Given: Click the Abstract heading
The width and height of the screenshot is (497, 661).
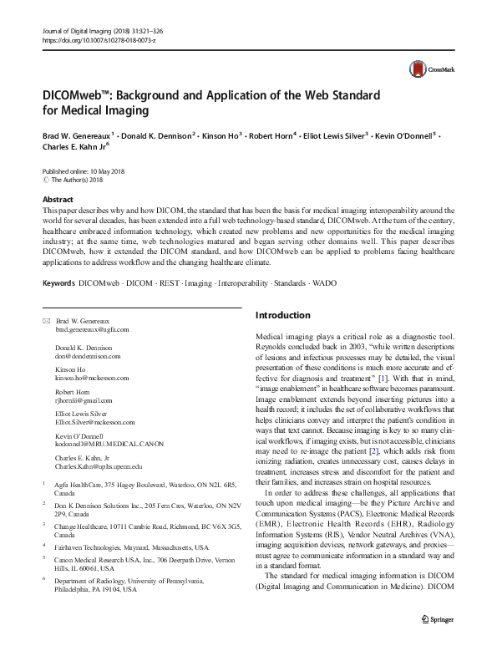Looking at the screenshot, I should click(x=58, y=201).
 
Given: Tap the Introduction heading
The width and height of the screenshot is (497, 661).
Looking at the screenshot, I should click(x=282, y=315).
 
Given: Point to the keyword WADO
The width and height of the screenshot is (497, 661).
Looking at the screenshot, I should click(x=323, y=283).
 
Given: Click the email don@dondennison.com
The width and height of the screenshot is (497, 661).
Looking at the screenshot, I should click(x=88, y=355).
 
